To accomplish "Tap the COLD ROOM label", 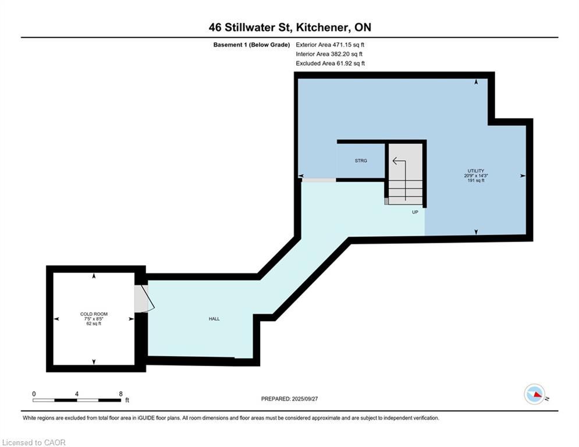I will click(94, 314).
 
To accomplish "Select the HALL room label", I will click(214, 318).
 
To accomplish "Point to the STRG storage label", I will click(361, 161).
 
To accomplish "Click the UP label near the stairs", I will click(415, 212).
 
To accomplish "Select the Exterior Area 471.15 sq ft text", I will click(330, 44).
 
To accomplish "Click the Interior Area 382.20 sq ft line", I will click(330, 54).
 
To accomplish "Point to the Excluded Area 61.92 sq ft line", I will click(330, 63).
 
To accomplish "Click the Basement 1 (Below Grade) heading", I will click(251, 44).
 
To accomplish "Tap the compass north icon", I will click(534, 394).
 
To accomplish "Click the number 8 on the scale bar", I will click(120, 393).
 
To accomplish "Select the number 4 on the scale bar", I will click(77, 393).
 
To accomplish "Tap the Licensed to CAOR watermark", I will click(34, 442).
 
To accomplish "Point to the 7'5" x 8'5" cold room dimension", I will click(94, 319).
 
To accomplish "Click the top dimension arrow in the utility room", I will click(476, 83).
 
